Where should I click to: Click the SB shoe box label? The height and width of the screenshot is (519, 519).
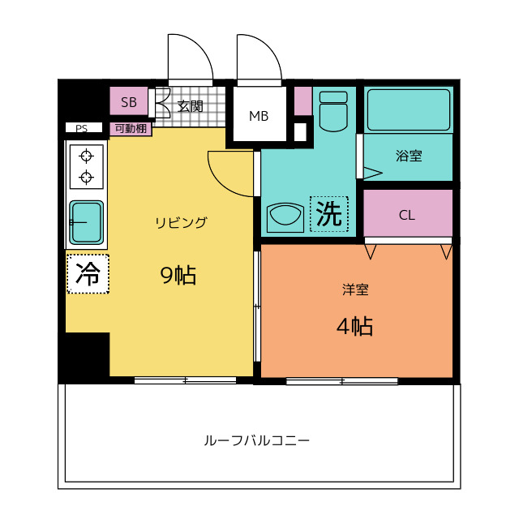pyautogui.click(x=129, y=102)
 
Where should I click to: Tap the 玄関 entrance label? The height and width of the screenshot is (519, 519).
pyautogui.click(x=190, y=106)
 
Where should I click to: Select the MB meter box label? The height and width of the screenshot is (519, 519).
pyautogui.click(x=259, y=116)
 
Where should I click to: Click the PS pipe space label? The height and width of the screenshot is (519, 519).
pyautogui.click(x=81, y=128)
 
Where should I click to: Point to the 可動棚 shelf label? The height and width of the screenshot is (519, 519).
pyautogui.click(x=131, y=128)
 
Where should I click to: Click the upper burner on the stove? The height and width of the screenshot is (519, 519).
pyautogui.click(x=87, y=156)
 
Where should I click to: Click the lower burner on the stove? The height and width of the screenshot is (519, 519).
pyautogui.click(x=87, y=177)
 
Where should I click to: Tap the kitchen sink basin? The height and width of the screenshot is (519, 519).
pyautogui.click(x=87, y=222)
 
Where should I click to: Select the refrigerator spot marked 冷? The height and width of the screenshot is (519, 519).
pyautogui.click(x=88, y=274)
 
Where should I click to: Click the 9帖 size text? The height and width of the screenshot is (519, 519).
pyautogui.click(x=178, y=275)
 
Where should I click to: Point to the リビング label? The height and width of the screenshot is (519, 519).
pyautogui.click(x=181, y=222)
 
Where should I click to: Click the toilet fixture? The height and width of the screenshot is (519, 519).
pyautogui.click(x=333, y=112)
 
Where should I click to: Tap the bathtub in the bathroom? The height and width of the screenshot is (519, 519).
pyautogui.click(x=409, y=110)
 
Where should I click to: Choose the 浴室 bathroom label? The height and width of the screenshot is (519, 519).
pyautogui.click(x=409, y=156)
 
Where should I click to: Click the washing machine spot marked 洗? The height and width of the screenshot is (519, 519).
pyautogui.click(x=329, y=214)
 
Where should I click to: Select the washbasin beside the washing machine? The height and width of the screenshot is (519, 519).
pyautogui.click(x=285, y=217)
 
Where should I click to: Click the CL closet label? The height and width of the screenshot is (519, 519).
pyautogui.click(x=407, y=216)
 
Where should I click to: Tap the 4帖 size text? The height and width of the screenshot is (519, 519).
pyautogui.click(x=354, y=326)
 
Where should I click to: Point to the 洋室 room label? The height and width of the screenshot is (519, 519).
pyautogui.click(x=355, y=290)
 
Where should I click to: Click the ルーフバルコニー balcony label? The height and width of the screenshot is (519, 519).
pyautogui.click(x=256, y=440)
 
